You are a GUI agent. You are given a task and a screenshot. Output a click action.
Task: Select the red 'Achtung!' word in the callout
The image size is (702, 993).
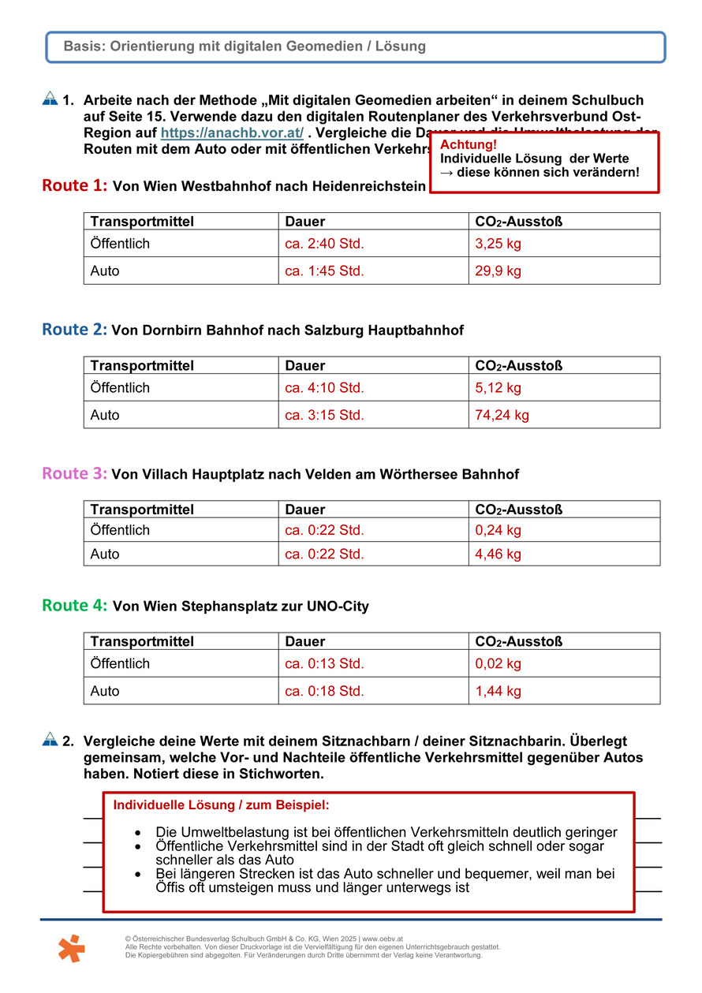[469, 145]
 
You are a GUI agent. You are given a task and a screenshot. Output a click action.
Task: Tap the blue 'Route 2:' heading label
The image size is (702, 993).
[74, 330]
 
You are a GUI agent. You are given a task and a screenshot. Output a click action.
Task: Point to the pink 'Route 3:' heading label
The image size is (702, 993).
[74, 474]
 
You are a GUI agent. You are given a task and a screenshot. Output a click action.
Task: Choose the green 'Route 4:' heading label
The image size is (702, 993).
[74, 606]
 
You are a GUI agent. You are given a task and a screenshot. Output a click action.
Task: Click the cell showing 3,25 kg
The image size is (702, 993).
[498, 244]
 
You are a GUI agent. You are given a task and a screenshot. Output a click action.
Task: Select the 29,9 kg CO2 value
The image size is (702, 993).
[498, 271]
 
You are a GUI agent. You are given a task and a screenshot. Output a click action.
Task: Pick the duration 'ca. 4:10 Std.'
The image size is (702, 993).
[324, 387]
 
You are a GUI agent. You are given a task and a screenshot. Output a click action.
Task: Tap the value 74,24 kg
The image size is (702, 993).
[502, 415]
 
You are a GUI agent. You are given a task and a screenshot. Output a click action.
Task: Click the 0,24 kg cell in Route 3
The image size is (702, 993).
[498, 530]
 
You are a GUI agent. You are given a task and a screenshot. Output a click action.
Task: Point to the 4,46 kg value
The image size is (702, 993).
[498, 554]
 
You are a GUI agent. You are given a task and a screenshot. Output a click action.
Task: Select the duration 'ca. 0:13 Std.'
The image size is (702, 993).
[324, 663]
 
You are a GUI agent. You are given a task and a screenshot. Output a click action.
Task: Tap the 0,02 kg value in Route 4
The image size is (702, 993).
[498, 663]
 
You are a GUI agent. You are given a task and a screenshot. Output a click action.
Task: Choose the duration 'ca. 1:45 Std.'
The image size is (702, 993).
[324, 271]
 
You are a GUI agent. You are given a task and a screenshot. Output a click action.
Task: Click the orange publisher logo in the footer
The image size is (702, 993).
[71, 947]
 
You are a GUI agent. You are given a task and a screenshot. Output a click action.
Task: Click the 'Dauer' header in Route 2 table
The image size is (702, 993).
[304, 365]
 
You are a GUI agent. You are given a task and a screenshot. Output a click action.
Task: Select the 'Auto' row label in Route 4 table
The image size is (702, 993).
[105, 691]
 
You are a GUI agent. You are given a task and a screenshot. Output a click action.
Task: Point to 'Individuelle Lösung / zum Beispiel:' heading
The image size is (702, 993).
[222, 805]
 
